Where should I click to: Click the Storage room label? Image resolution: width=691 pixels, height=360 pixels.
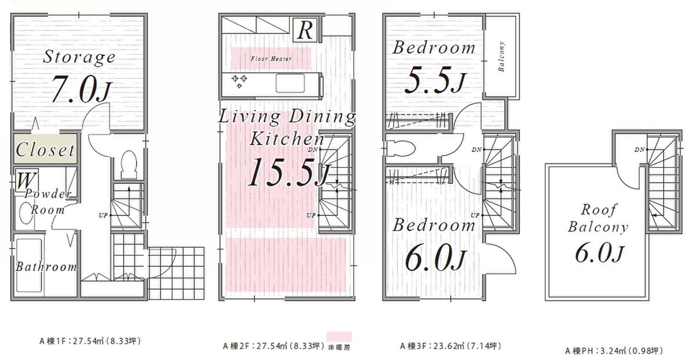click(x=79, y=58)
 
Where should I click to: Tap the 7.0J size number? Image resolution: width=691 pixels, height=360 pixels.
click(x=81, y=89)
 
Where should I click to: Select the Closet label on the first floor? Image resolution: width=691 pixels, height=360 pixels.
click(x=45, y=150)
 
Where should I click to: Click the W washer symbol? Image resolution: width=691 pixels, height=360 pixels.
click(x=26, y=180)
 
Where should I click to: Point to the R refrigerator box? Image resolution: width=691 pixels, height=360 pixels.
click(x=305, y=30)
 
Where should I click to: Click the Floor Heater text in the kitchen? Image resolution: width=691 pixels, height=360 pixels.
click(x=271, y=59)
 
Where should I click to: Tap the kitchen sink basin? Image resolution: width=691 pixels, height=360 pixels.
click(x=290, y=84)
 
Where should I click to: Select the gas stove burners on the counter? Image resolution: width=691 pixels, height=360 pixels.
click(x=240, y=81)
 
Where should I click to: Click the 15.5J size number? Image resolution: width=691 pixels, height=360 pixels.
click(x=288, y=172)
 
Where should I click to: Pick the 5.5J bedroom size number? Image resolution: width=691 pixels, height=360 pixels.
click(x=435, y=80)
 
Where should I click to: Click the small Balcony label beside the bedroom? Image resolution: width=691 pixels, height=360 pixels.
click(x=502, y=56)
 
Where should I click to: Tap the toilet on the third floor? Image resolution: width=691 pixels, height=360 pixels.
click(x=400, y=149)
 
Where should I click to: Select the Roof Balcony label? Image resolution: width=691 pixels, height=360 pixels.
click(x=598, y=218)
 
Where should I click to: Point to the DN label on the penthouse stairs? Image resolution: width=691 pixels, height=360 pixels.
click(x=640, y=150)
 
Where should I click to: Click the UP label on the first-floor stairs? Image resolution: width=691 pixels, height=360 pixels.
click(x=103, y=215)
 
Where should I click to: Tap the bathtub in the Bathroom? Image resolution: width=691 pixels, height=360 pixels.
click(x=29, y=266)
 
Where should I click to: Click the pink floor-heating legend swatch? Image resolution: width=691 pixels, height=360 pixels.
click(x=339, y=336)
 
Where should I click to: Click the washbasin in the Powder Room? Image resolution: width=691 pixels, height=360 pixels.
click(x=26, y=213)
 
